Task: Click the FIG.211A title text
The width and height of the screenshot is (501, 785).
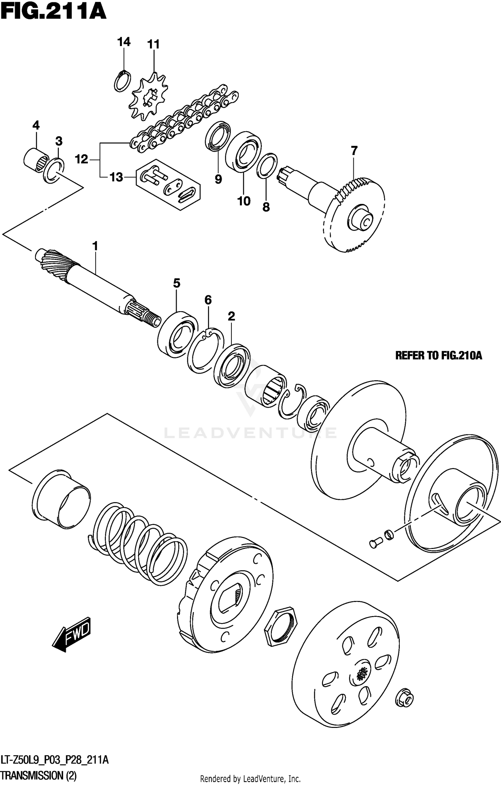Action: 53,13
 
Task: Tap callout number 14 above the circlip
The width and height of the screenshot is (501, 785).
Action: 124,42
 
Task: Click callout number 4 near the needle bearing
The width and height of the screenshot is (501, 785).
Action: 36,126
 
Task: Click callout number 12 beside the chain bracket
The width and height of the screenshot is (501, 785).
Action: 81,159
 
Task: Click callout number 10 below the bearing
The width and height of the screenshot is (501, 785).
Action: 244,201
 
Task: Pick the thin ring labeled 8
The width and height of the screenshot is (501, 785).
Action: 267,166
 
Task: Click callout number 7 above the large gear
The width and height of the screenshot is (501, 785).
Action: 354,151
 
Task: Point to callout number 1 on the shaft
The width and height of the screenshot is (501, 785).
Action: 95,246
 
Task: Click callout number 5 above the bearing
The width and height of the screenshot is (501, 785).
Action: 177,283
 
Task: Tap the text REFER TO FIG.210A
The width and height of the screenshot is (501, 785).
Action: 439,356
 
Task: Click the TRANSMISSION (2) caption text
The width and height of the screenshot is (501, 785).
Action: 38,775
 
